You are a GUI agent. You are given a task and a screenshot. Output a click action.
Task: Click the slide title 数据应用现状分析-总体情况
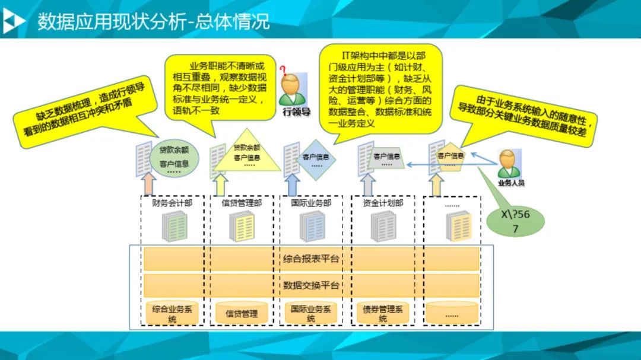[154, 21]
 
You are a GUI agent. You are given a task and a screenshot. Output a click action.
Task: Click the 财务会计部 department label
[172, 203]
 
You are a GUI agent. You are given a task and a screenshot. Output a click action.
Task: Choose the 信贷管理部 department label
[242, 203]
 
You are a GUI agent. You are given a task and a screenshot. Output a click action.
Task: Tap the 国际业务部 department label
[311, 203]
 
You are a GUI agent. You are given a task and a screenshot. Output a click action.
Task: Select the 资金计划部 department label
[382, 203]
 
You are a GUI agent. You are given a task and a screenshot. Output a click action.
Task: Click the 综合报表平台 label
[311, 259]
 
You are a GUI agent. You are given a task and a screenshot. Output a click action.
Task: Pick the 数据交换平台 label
[311, 285]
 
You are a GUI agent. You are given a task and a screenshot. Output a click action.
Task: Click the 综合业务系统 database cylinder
[172, 313]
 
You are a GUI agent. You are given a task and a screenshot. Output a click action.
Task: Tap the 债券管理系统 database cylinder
[382, 313]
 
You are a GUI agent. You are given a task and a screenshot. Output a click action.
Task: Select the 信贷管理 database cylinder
[242, 313]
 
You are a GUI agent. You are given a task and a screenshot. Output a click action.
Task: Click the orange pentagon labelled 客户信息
[450, 157]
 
